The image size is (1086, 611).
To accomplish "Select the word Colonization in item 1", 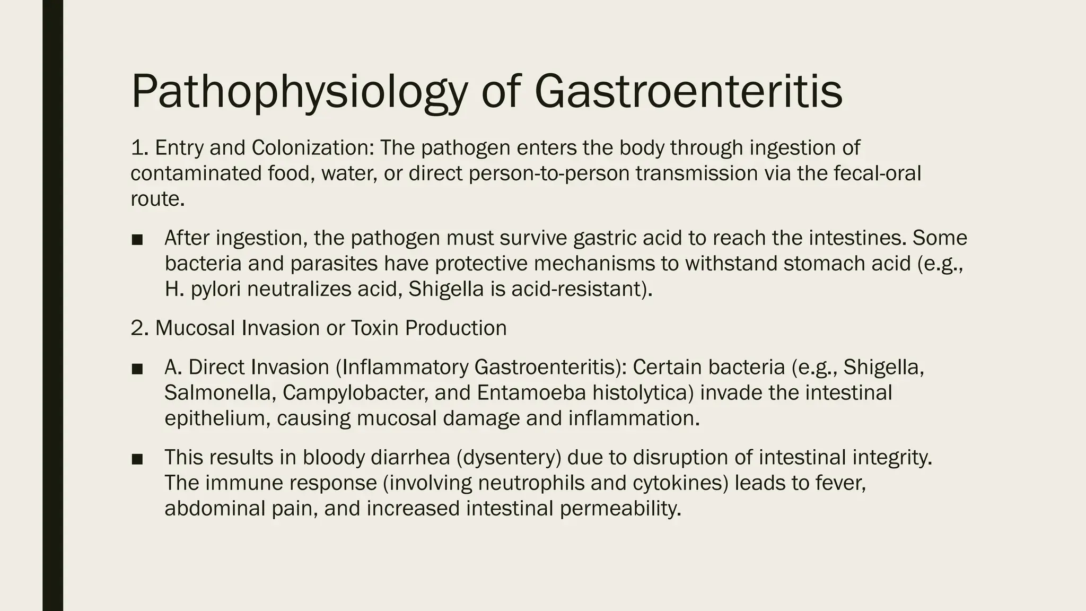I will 312,148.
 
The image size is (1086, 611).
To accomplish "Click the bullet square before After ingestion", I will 137,240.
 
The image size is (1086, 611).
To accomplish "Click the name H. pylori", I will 203,290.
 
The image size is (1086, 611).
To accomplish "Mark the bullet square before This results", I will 137,459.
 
